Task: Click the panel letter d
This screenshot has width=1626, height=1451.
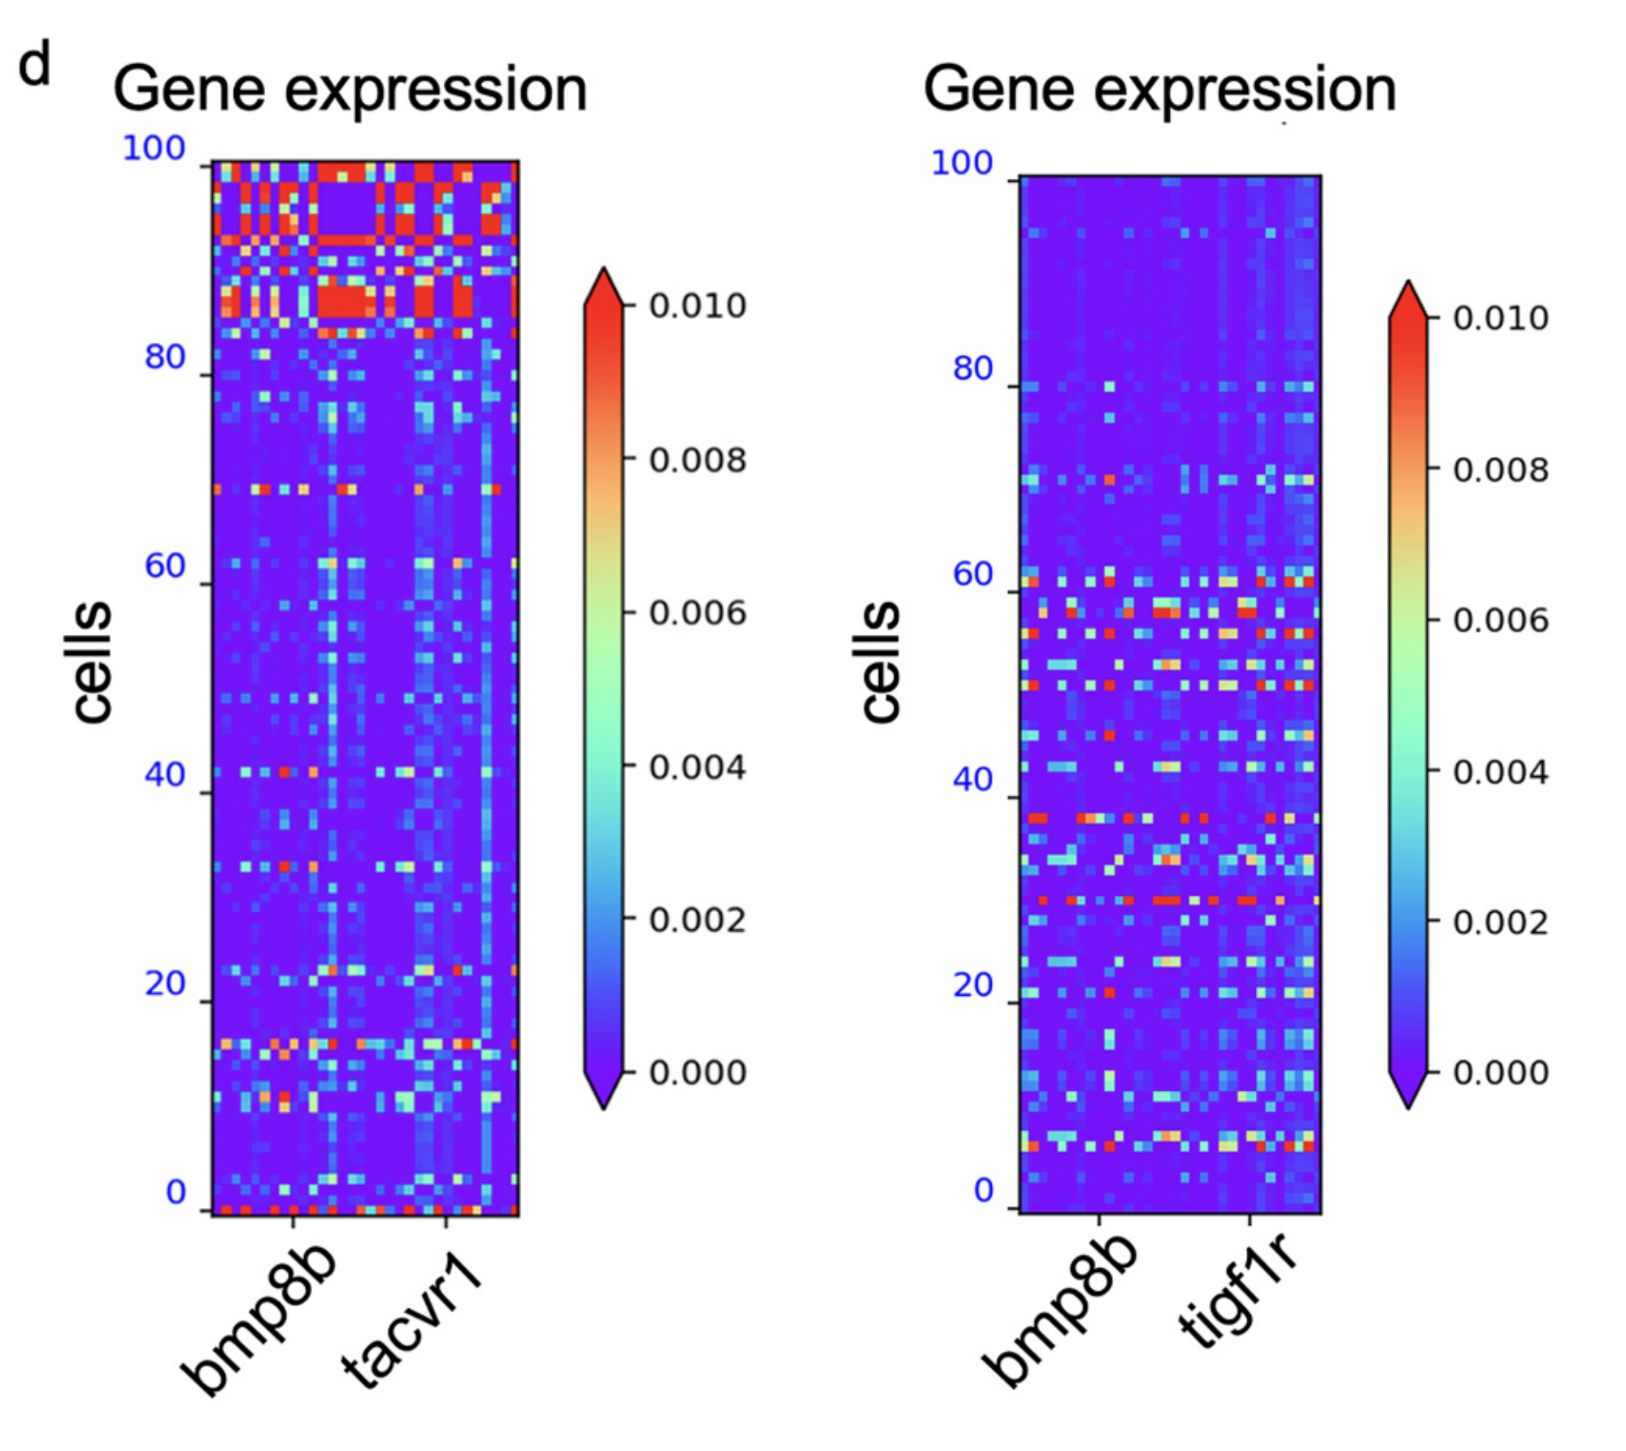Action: (x=34, y=65)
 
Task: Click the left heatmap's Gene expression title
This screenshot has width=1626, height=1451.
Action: (x=350, y=89)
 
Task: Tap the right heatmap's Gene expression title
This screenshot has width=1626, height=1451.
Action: (x=1159, y=89)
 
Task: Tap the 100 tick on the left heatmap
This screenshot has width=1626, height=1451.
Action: (x=154, y=149)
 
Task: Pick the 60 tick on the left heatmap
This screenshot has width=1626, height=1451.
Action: (x=165, y=566)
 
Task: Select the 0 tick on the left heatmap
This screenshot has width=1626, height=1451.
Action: (x=176, y=1192)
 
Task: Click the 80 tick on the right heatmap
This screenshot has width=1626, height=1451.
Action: (x=973, y=368)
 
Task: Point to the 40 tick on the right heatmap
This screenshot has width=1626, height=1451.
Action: (x=973, y=780)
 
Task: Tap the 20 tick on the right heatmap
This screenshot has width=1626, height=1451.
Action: (x=973, y=985)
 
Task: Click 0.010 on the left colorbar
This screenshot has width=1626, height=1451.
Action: (x=698, y=306)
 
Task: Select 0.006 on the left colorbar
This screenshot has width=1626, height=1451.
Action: (x=698, y=613)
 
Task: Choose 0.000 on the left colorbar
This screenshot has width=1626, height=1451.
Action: (x=698, y=1073)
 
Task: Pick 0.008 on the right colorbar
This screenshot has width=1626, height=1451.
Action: (x=1501, y=470)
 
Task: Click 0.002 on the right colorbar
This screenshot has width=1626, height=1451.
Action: (x=1501, y=923)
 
